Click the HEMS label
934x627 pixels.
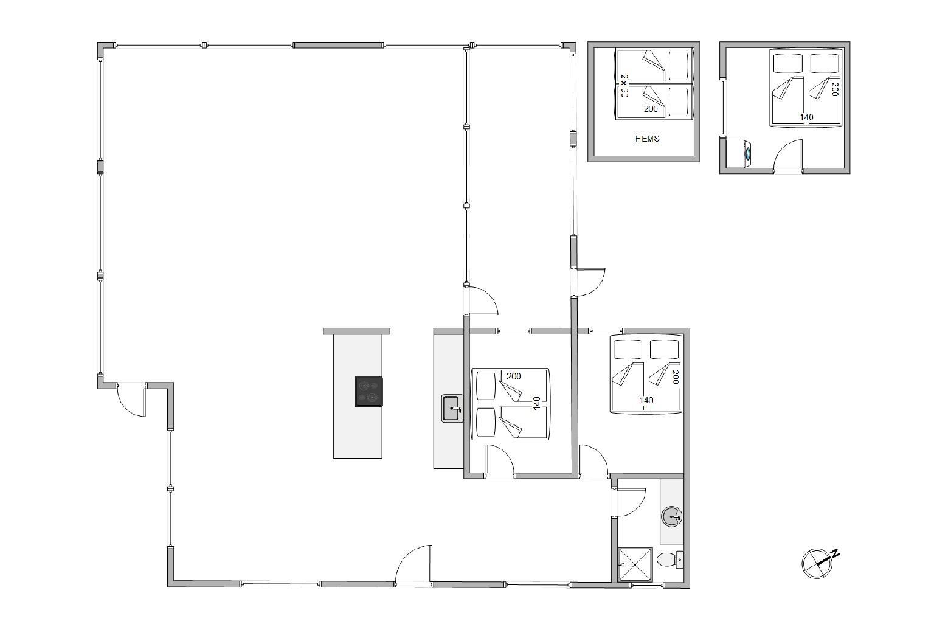click(647, 139)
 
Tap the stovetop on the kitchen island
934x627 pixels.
click(368, 392)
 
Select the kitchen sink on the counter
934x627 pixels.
click(452, 409)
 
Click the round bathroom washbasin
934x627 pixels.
click(671, 517)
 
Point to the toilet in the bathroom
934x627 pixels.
click(670, 560)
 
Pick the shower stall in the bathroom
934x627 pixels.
click(635, 564)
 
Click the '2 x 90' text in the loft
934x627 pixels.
click(624, 86)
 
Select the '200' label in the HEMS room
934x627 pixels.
click(651, 109)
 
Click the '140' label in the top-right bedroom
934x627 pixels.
click(806, 117)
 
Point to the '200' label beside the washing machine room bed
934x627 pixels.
click(834, 89)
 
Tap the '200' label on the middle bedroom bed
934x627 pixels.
click(514, 376)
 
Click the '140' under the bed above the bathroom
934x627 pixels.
click(646, 400)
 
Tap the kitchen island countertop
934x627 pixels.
click(358, 397)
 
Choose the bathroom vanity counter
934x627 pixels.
click(671, 511)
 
